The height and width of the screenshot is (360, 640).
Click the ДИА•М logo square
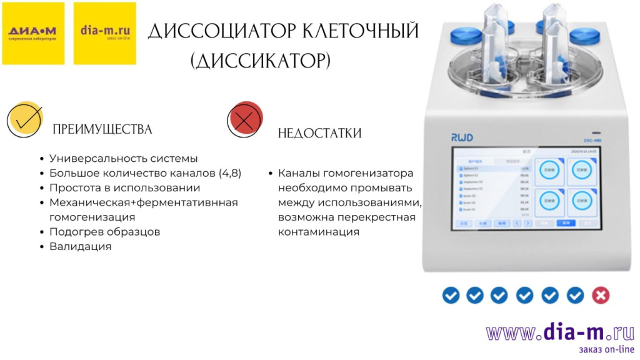(32, 33)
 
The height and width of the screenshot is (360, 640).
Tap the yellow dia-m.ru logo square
(104, 33)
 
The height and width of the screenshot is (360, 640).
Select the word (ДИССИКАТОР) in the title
(260, 61)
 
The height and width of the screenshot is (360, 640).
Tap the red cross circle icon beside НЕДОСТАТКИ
(244, 119)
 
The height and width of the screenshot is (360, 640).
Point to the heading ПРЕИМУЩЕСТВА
(102, 129)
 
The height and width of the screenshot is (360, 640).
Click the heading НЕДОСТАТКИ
(319, 133)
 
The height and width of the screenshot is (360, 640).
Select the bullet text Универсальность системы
(124, 159)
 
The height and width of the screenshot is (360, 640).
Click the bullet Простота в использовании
(124, 187)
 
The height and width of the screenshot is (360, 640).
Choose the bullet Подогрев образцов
(104, 231)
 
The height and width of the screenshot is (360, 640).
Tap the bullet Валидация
(80, 246)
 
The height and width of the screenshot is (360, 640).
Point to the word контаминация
(319, 232)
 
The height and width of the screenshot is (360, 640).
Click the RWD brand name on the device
(464, 136)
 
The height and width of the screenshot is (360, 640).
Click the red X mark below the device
(601, 295)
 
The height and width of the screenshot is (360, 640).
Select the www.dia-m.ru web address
(560, 332)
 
